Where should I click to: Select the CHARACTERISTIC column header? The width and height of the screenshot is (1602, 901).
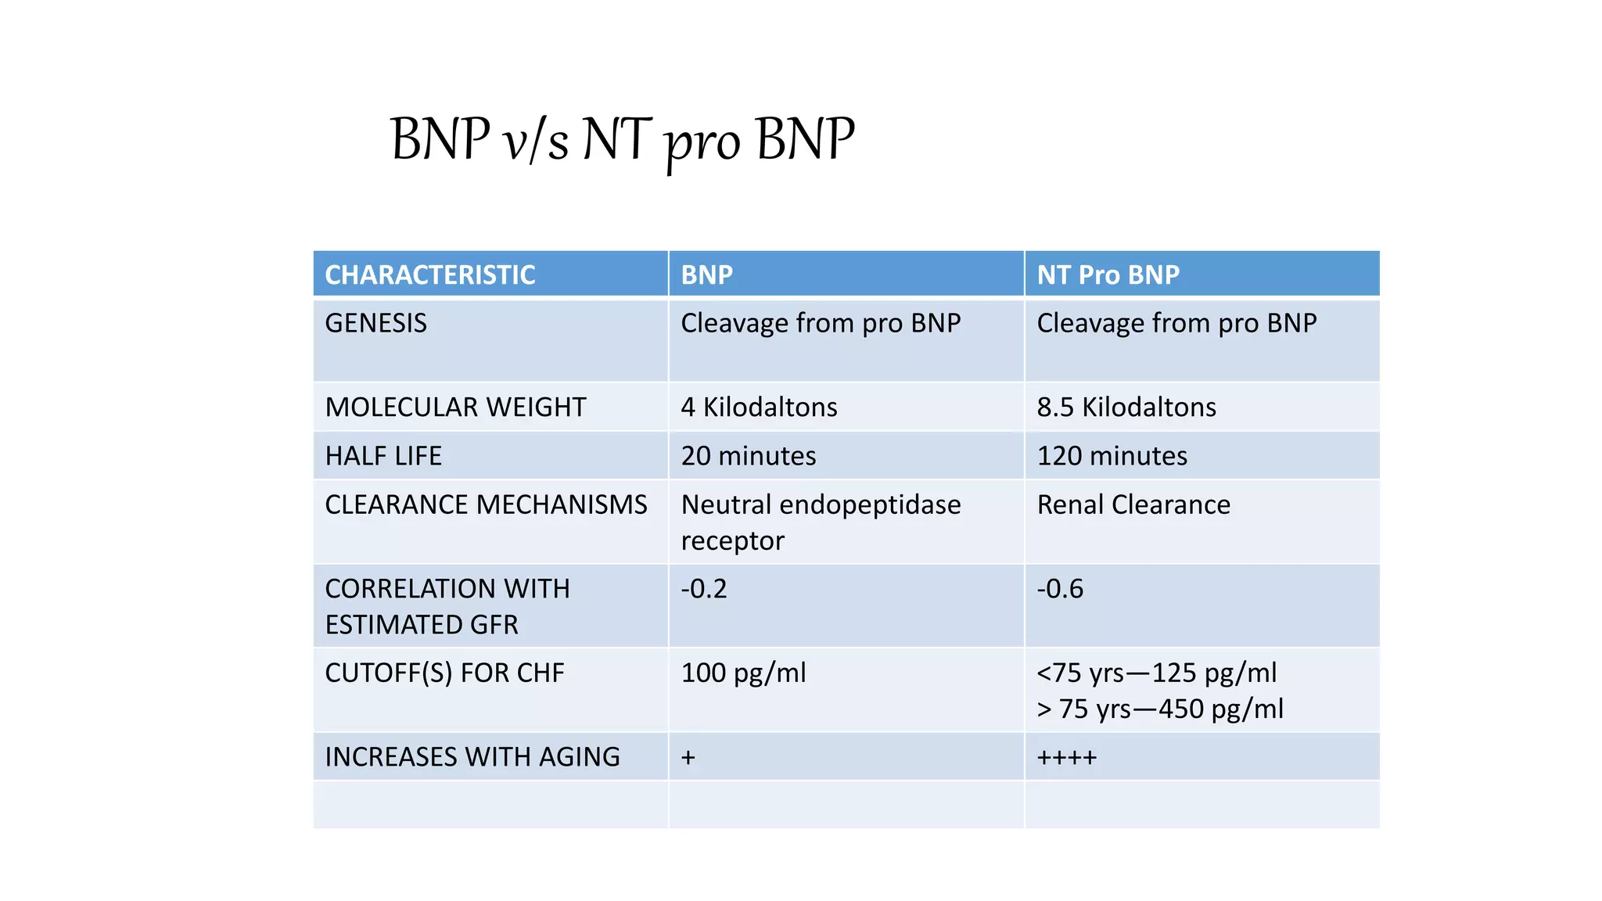[x=430, y=275]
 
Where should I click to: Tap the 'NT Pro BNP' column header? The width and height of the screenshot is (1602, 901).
[x=1108, y=275]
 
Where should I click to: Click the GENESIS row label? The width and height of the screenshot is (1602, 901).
[x=376, y=323]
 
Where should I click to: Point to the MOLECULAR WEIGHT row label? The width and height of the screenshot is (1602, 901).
[x=455, y=407]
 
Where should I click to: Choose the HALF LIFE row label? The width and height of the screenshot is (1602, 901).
[x=383, y=456]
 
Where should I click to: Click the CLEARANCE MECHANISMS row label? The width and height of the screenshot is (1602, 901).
[x=486, y=504]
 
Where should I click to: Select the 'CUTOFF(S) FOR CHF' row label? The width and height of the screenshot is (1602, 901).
[x=444, y=673]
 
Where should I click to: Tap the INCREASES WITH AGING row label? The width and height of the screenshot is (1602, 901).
[x=472, y=757]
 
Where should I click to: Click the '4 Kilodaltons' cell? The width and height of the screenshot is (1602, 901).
[x=759, y=407]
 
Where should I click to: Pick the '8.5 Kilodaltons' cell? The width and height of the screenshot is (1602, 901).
[x=1126, y=407]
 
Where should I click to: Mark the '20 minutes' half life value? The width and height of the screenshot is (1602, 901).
[x=749, y=456]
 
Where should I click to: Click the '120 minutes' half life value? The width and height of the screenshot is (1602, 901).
[x=1112, y=456]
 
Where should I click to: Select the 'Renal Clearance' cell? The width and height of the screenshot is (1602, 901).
[x=1133, y=504]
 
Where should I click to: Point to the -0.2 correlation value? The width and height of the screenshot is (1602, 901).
[x=704, y=589]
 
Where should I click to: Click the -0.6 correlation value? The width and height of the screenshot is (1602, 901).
[x=1060, y=589]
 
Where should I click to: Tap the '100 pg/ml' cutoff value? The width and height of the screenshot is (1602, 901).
[x=743, y=673]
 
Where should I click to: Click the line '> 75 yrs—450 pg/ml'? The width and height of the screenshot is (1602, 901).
[x=1160, y=709]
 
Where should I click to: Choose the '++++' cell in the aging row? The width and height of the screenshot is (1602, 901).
[x=1067, y=757]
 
